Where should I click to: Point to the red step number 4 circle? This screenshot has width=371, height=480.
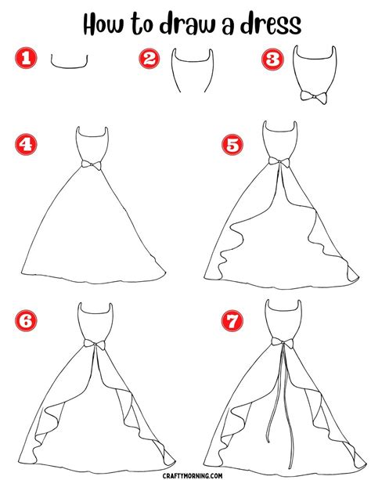(26, 145)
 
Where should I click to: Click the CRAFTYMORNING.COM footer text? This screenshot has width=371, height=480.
(185, 471)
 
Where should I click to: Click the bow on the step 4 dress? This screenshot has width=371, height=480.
(94, 164)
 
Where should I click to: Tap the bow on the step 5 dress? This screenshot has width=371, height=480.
(277, 161)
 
